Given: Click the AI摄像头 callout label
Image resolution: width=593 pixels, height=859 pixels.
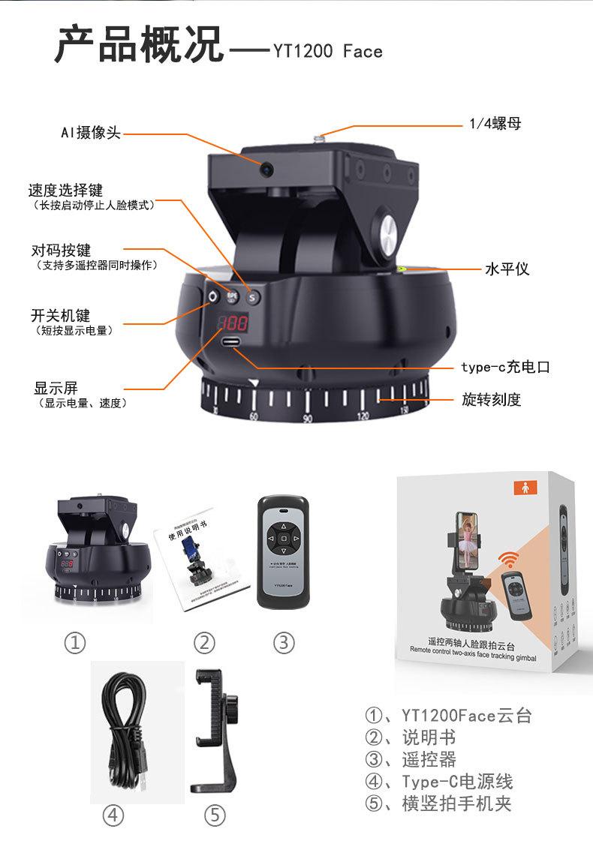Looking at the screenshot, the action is point(90,133).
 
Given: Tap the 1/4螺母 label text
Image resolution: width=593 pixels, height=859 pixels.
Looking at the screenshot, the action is point(495,124).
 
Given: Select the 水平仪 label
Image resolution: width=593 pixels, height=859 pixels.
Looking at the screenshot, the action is point(507,268).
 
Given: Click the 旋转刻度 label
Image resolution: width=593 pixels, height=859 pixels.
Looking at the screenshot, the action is point(491,399).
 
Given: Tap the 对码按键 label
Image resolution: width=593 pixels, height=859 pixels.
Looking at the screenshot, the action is point(61,250).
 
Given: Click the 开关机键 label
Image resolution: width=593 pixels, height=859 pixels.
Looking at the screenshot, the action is point(60,316).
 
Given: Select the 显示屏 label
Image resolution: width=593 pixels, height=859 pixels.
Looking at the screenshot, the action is point(56,388).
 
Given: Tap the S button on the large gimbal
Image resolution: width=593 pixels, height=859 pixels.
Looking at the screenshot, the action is point(252,297).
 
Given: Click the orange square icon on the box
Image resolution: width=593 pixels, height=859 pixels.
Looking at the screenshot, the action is point(524,487).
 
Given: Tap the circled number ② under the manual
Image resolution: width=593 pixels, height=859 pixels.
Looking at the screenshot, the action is point(203,642).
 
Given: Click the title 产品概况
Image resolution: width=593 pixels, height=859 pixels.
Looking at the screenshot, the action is point(140,44).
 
